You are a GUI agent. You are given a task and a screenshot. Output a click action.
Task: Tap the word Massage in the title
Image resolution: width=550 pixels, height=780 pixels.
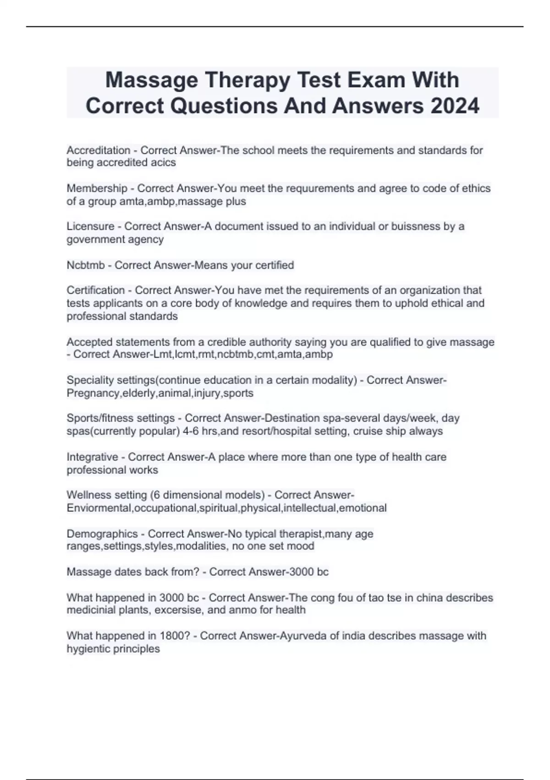[x=152, y=80]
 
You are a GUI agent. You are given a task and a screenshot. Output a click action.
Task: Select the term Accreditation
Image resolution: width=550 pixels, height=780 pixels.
[x=99, y=150]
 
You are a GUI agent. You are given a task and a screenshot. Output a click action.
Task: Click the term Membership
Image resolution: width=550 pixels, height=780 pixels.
[x=97, y=189]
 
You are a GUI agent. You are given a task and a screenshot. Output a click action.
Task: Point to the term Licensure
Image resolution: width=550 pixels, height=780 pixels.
[x=90, y=227]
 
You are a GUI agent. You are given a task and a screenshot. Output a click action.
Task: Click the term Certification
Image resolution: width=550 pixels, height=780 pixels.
[x=95, y=290]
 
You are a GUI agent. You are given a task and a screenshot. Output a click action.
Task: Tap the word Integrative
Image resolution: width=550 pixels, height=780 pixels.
[x=92, y=457]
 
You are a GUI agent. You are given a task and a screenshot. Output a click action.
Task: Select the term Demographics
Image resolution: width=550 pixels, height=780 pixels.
[x=102, y=534]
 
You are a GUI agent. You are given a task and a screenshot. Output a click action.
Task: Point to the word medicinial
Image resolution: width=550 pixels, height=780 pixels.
[x=90, y=610]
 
